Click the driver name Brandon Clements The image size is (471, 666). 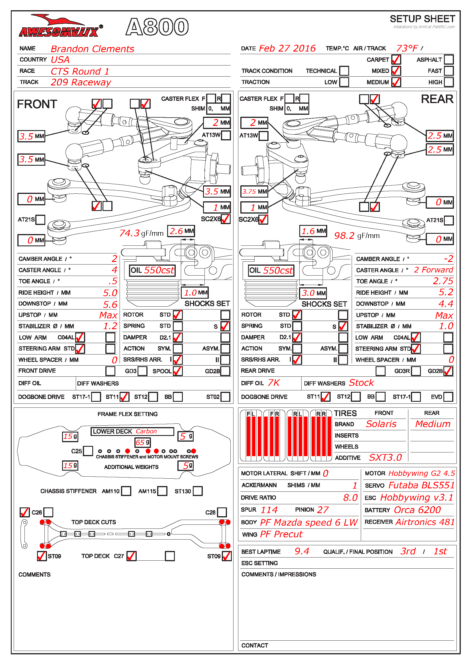click(92, 49)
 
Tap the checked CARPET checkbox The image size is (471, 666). click(396, 60)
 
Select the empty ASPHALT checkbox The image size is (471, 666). click(449, 60)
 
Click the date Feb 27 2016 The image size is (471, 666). click(287, 48)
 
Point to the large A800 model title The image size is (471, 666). click(157, 27)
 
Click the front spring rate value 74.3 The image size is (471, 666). click(129, 233)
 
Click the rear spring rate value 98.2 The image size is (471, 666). click(344, 235)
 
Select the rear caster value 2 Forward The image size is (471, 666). click(433, 270)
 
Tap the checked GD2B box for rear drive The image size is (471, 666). click(448, 371)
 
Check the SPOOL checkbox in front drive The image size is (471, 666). click(177, 371)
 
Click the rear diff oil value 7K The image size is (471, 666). click(273, 383)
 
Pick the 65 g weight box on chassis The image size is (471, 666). click(143, 442)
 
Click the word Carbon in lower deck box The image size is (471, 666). click(146, 431)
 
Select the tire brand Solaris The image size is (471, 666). click(381, 424)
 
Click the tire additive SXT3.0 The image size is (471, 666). click(385, 458)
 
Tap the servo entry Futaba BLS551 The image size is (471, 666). click(421, 485)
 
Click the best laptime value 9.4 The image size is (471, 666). click(302, 551)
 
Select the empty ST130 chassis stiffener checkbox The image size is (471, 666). click(198, 491)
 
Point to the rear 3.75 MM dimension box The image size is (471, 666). click(254, 191)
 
